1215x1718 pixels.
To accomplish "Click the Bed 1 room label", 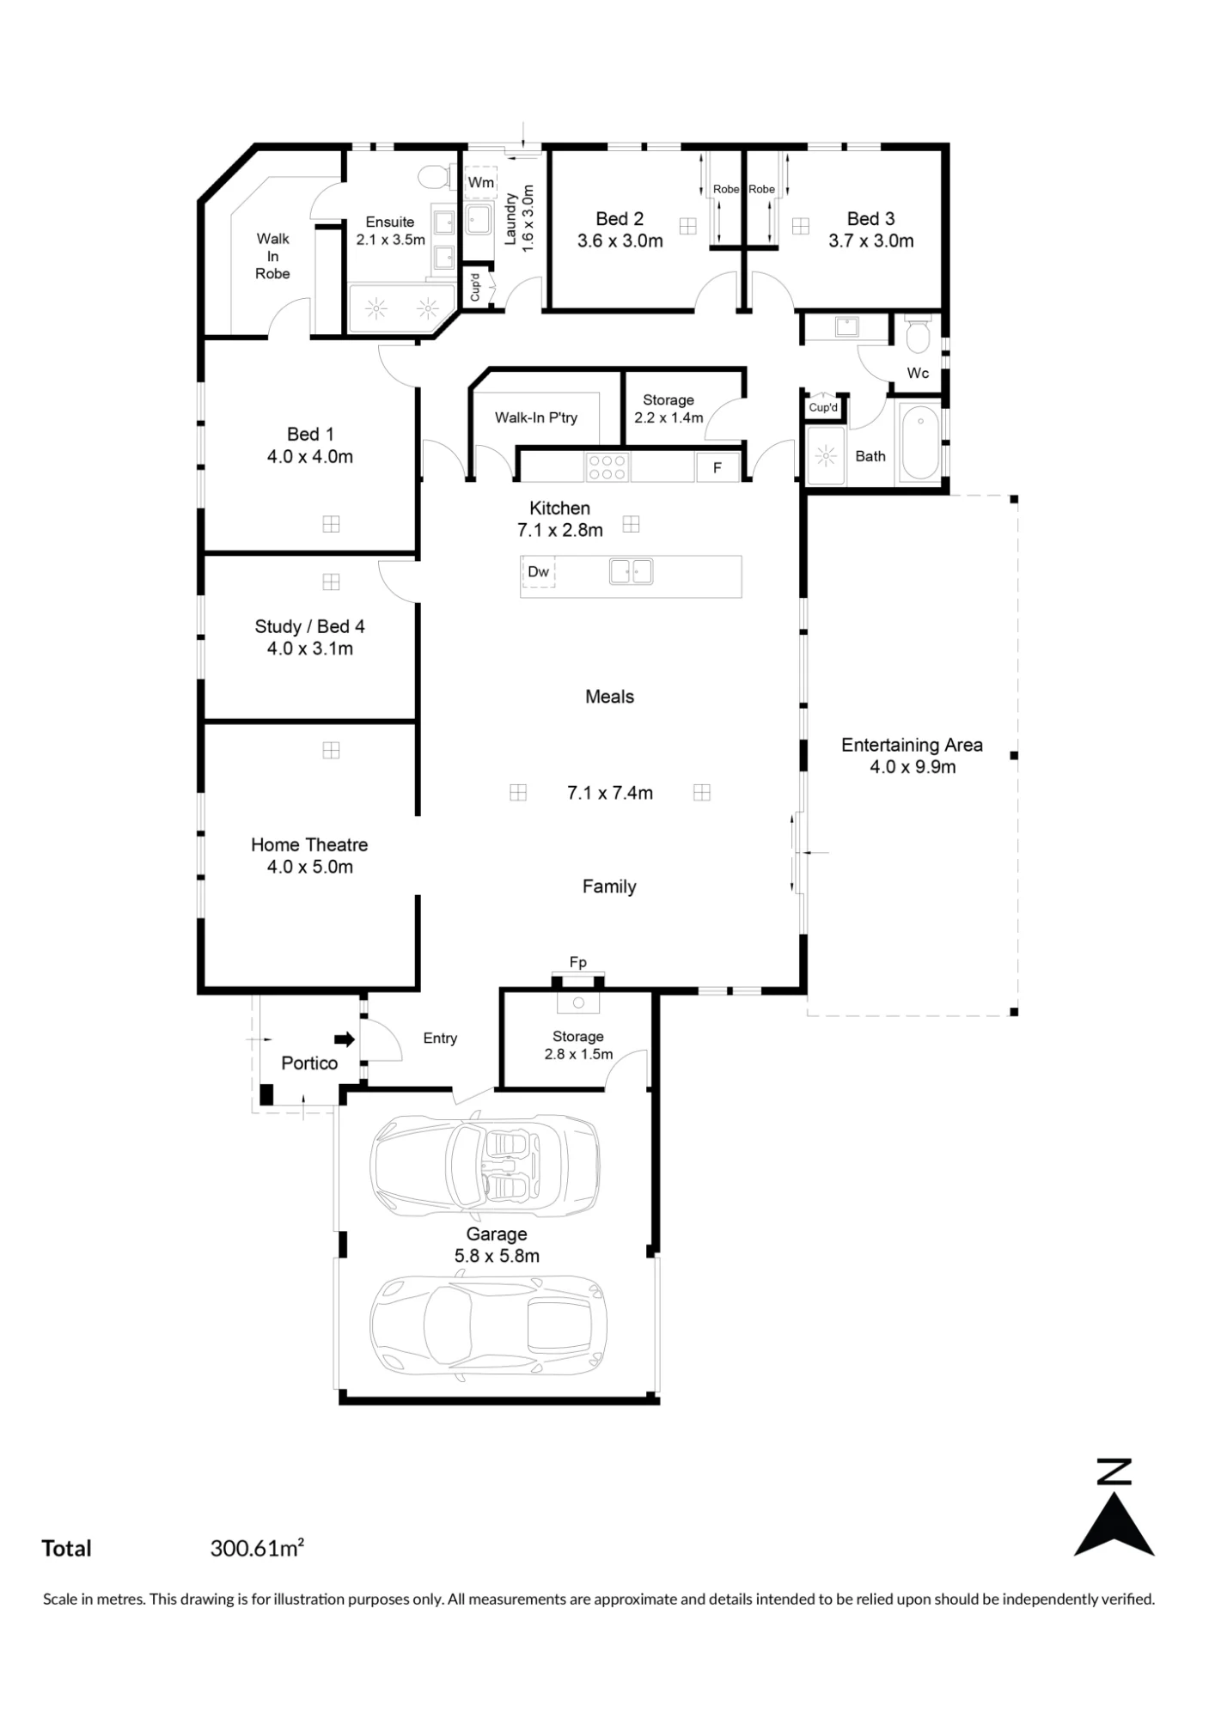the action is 310,435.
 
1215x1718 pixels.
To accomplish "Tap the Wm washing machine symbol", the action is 481,182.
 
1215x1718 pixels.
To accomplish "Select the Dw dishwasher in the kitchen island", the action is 538,572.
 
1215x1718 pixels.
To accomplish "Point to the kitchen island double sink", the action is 632,571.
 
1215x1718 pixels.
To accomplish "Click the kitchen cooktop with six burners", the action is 607,467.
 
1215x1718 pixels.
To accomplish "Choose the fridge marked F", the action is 717,468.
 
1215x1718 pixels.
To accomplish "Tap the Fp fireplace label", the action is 578,962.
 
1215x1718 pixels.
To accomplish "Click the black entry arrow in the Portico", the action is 345,1039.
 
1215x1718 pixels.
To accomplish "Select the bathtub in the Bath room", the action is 920,442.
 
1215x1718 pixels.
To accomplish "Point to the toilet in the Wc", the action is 918,333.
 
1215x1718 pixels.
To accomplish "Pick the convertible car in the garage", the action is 485,1165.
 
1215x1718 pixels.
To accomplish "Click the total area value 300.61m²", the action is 257,1548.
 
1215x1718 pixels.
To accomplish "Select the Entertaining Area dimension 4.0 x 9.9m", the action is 913,767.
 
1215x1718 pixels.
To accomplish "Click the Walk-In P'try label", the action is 536,417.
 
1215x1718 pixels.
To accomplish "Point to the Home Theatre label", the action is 309,844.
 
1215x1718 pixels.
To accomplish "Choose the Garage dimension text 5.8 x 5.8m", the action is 497,1256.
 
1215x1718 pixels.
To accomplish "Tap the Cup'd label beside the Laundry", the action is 475,288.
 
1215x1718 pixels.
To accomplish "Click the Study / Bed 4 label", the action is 309,626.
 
